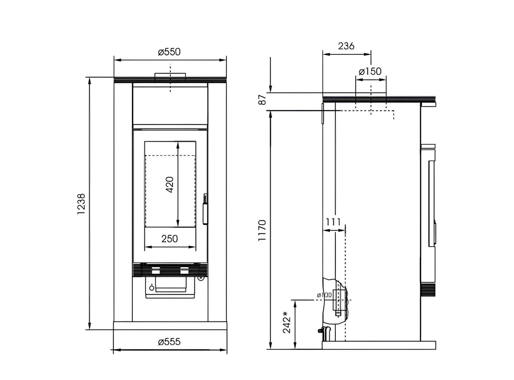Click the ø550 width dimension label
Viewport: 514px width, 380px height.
[x=169, y=52]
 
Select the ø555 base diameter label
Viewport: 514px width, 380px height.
[x=169, y=342]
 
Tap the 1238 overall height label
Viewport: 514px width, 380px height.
[x=81, y=204]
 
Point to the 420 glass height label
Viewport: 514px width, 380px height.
[x=170, y=185]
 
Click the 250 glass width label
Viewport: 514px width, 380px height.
[x=170, y=239]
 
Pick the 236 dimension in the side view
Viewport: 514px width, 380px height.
[x=346, y=46]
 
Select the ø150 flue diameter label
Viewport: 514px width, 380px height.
[x=370, y=71]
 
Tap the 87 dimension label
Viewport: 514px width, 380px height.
[x=262, y=100]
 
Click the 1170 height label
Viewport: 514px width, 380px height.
[x=262, y=230]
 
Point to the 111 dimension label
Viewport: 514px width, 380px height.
[x=333, y=222]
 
